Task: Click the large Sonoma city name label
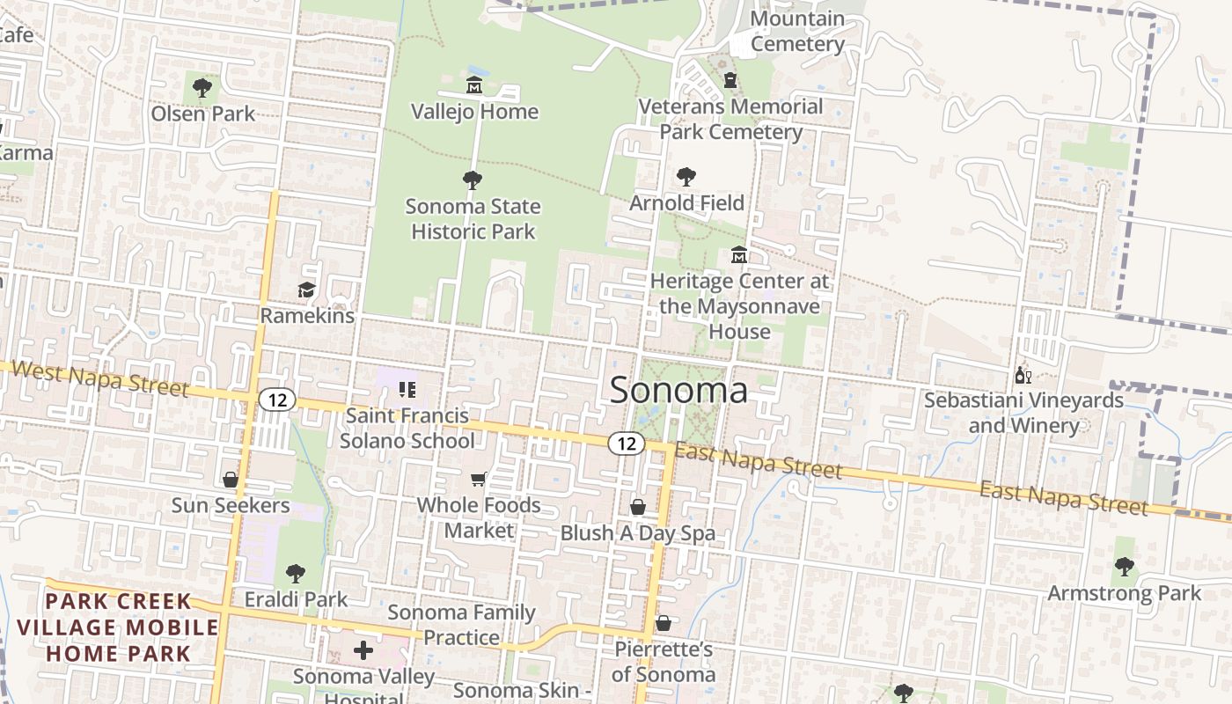coord(678,390)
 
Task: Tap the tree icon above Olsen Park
coord(202,87)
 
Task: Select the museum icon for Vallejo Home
coord(474,85)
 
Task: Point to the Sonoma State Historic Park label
coord(473,219)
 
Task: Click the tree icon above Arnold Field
coord(686,177)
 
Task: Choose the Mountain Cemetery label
coord(797,31)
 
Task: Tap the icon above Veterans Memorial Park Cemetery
coord(730,81)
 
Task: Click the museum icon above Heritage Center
coord(739,255)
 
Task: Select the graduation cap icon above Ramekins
coord(306,290)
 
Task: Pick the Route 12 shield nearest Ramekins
coord(276,400)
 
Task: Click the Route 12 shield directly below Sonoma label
coord(627,444)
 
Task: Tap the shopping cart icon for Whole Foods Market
coord(478,480)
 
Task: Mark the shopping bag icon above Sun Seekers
coord(230,480)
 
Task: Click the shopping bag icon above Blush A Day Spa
coord(638,508)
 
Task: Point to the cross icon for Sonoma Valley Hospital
coord(363,651)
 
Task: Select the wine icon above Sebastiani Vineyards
coord(1023,375)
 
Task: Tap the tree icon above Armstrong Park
coord(1124,567)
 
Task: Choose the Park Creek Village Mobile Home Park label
coord(118,627)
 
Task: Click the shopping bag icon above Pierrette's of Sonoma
coord(664,623)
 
